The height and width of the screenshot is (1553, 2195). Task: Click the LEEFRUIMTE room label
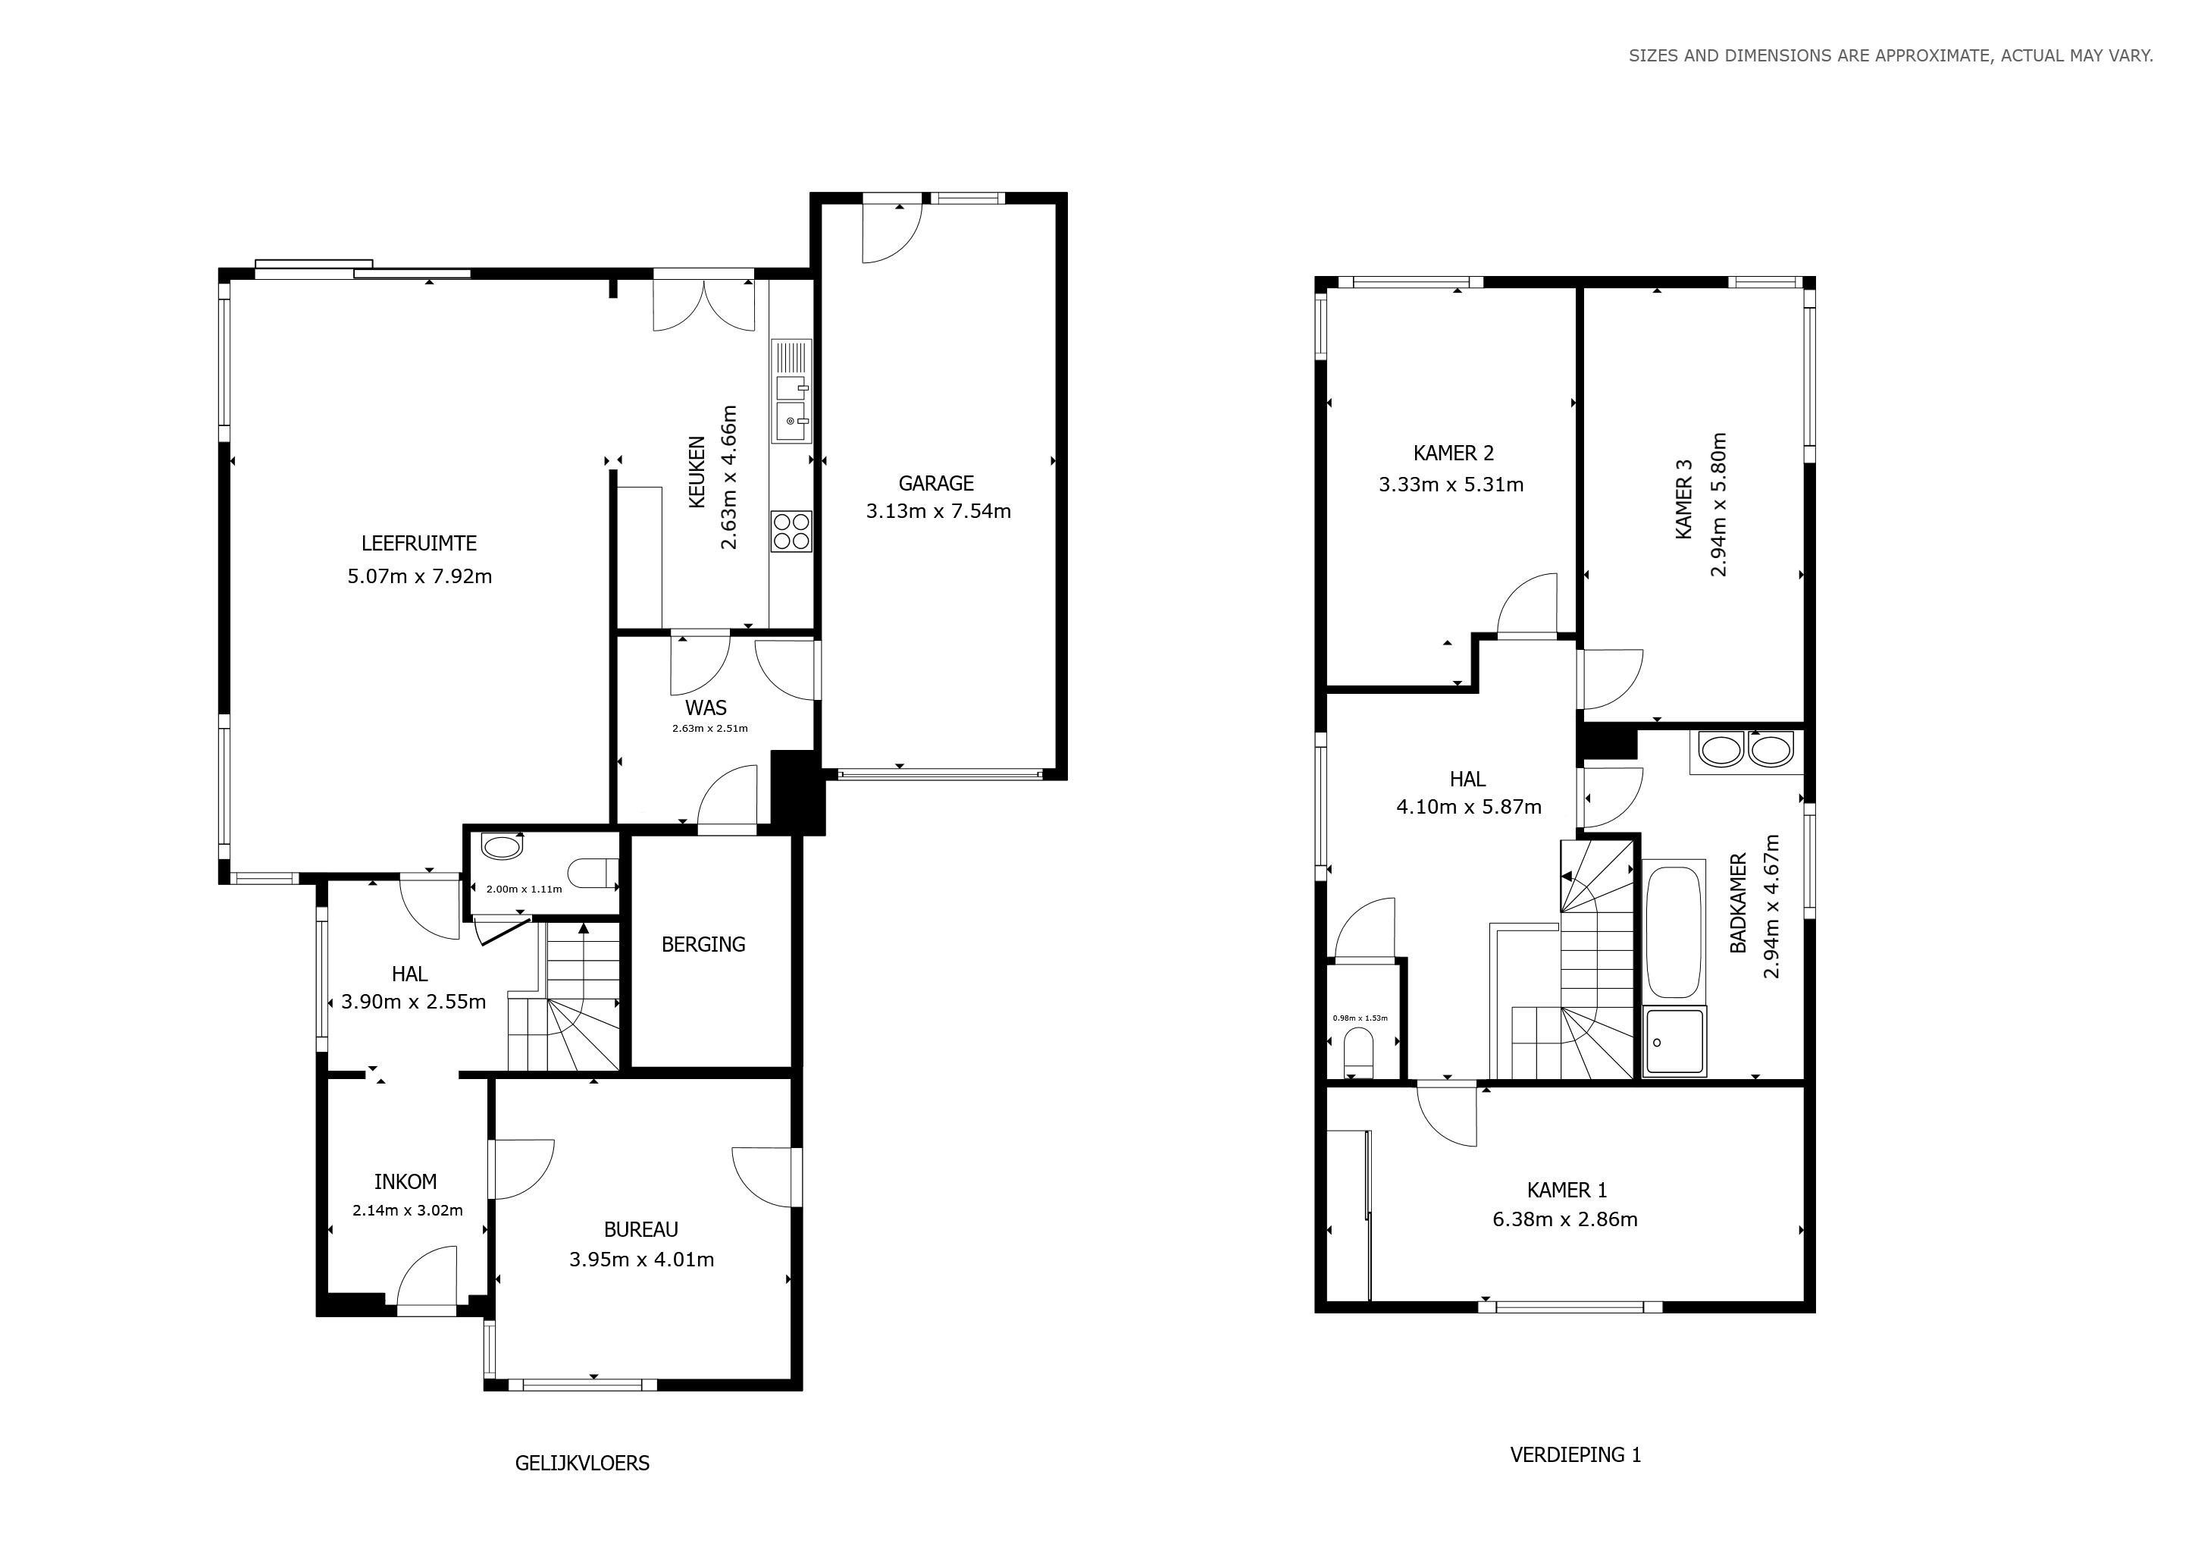418,543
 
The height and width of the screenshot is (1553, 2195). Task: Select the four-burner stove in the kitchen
791,532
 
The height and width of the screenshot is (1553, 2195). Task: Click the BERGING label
703,945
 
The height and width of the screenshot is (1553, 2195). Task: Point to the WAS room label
706,708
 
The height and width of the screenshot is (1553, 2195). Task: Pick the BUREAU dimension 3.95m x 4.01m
641,1260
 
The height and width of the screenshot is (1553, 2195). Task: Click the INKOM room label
405,1182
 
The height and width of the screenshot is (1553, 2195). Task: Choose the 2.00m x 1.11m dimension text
524,889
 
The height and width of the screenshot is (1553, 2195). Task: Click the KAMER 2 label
1453,453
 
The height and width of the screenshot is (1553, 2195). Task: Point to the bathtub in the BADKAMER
1674,931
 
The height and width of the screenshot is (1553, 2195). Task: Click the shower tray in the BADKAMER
1674,1041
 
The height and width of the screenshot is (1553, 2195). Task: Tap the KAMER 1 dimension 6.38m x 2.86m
1565,1220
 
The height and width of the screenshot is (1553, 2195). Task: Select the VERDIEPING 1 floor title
1576,1455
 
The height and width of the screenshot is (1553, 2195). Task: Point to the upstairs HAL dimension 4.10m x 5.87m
1468,807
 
